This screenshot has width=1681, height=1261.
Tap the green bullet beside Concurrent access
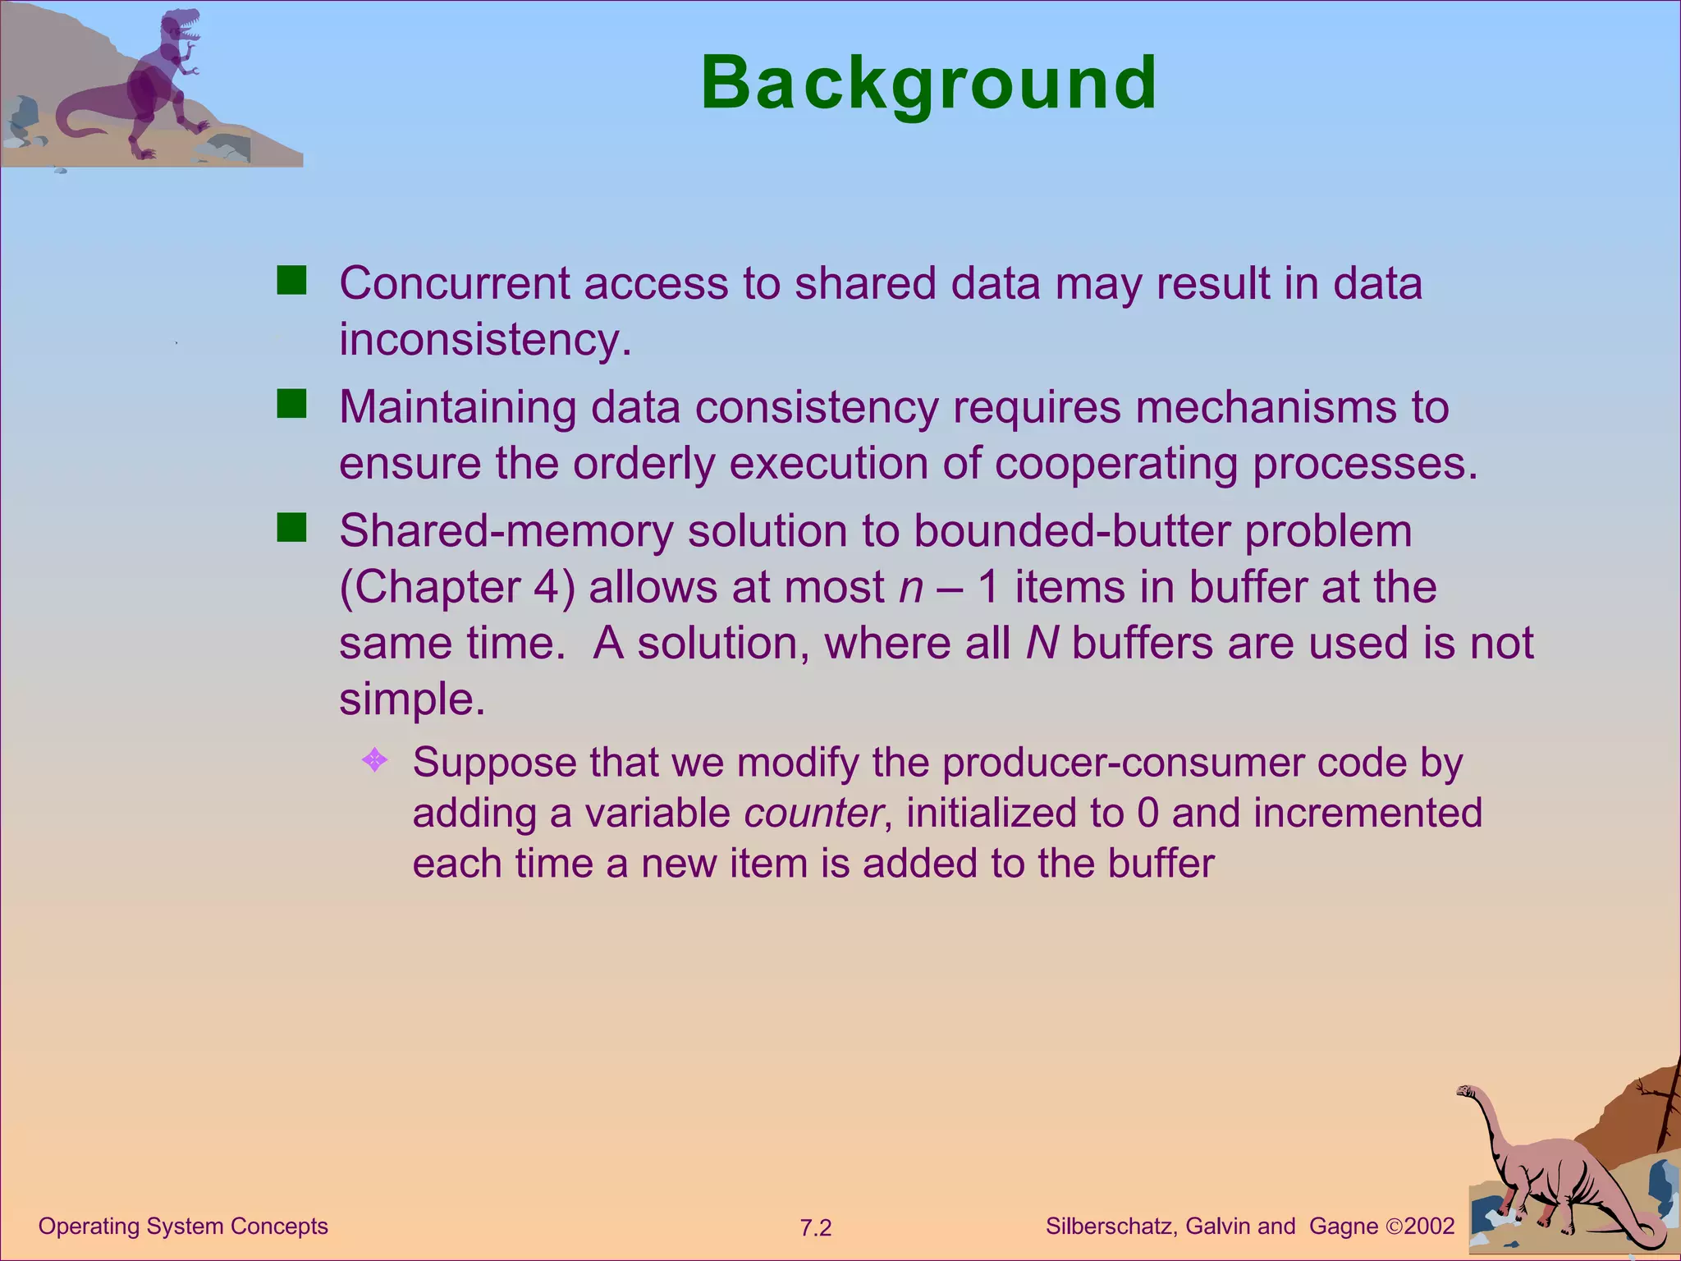(291, 281)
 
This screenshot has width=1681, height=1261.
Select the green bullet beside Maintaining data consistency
(291, 404)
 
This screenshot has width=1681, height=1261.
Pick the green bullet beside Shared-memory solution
(291, 528)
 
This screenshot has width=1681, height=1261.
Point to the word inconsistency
(484, 339)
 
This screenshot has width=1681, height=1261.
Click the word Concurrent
(454, 283)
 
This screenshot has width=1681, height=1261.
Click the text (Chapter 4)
(457, 588)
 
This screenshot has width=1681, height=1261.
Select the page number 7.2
(816, 1228)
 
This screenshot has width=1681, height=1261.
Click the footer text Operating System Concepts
(183, 1226)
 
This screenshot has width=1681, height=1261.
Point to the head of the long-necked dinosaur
(1467, 1091)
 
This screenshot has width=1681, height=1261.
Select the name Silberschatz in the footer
(1111, 1227)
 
